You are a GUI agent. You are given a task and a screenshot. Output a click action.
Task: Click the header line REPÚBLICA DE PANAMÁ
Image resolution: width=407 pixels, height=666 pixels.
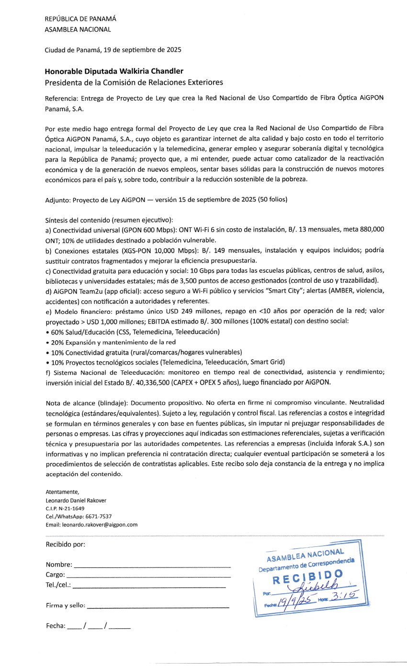coord(80,19)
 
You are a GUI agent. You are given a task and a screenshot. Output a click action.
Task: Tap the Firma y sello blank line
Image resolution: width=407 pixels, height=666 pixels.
coord(158,606)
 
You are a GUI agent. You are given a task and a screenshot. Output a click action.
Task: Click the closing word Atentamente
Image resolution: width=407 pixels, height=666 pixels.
coord(58,492)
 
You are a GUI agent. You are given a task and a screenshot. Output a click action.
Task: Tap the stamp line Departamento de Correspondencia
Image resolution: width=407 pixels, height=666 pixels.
coord(307,565)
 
